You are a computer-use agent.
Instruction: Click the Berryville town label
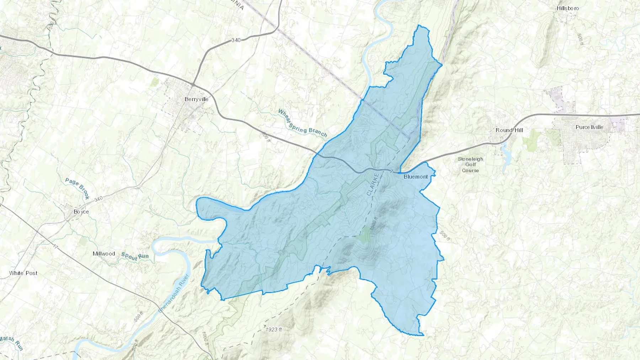196,99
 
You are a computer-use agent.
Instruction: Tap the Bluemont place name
416,177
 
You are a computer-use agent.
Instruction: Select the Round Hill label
509,130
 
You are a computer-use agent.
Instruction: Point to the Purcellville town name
589,127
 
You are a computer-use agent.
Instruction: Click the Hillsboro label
568,8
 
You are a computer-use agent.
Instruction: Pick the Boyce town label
81,211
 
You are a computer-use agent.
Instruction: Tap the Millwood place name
104,253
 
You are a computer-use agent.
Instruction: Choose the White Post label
23,273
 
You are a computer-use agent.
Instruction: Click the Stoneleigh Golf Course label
470,165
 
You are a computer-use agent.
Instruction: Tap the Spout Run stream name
135,256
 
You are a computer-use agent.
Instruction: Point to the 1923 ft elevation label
273,329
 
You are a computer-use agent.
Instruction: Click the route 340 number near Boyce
99,199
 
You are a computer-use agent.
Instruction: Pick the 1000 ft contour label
204,338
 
